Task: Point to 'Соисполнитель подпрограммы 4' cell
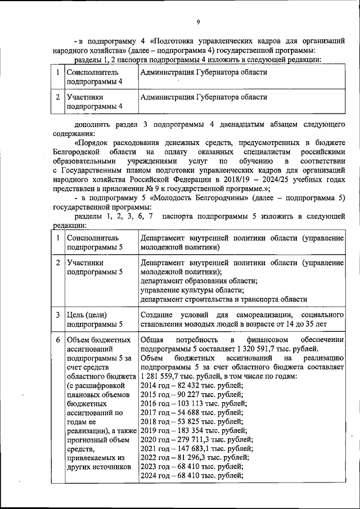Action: click(x=94, y=77)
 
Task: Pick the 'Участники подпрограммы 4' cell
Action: click(x=94, y=101)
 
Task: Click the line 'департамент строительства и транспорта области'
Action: click(x=224, y=299)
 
